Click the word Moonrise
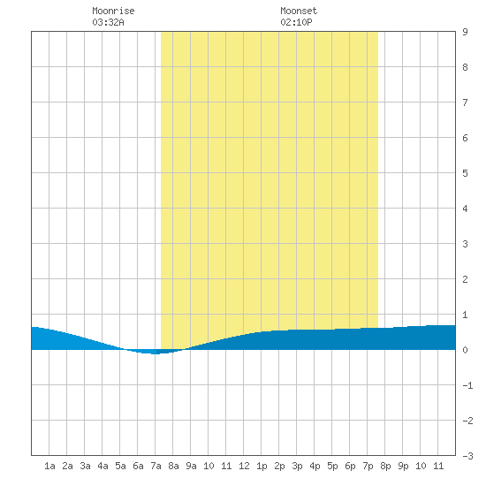pyautogui.click(x=113, y=11)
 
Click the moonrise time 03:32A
pyautogui.click(x=108, y=22)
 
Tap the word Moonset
pyautogui.click(x=299, y=11)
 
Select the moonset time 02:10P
pyautogui.click(x=296, y=22)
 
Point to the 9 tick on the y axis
pyautogui.click(x=465, y=32)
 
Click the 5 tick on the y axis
pyautogui.click(x=465, y=173)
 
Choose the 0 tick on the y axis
pyautogui.click(x=465, y=350)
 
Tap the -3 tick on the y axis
pyautogui.click(x=467, y=456)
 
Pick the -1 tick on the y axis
pyautogui.click(x=467, y=385)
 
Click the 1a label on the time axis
pyautogui.click(x=49, y=466)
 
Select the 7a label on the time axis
pyautogui.click(x=156, y=466)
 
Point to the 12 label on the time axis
pyautogui.click(x=244, y=466)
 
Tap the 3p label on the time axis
pyautogui.click(x=297, y=466)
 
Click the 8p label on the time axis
pyautogui.click(x=385, y=466)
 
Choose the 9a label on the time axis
pyautogui.click(x=191, y=466)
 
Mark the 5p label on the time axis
pyautogui.click(x=332, y=466)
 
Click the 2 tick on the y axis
pyautogui.click(x=465, y=279)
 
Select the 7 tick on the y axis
pyautogui.click(x=465, y=103)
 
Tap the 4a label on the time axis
pyautogui.click(x=103, y=466)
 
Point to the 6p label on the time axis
pyautogui.click(x=350, y=466)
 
